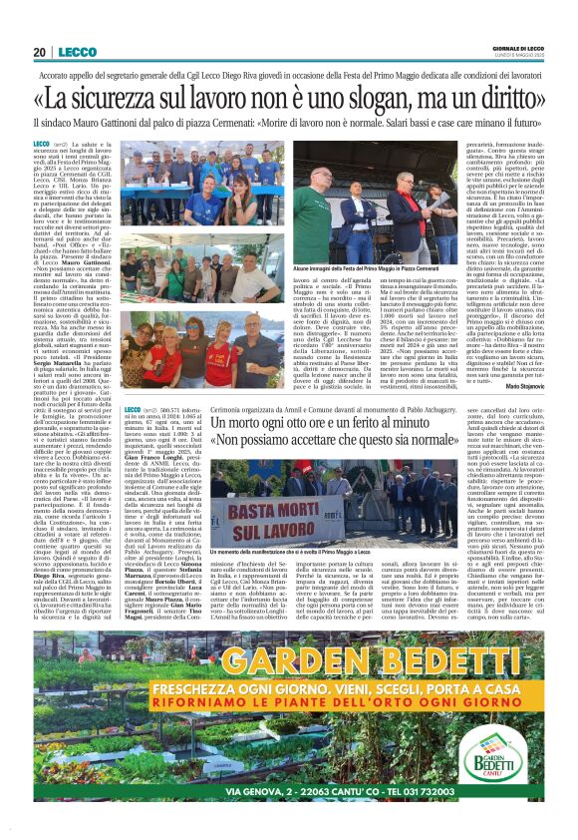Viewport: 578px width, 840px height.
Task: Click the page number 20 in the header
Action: (x=40, y=52)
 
